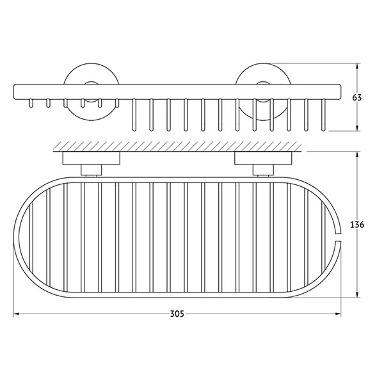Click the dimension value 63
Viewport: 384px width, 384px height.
tap(357, 97)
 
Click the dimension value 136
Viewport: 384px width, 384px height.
tap(357, 225)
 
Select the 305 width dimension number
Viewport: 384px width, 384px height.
tap(177, 314)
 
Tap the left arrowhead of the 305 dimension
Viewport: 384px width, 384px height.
tap(16, 314)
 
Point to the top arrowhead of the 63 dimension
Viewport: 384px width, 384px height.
tap(358, 67)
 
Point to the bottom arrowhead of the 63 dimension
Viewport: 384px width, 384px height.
tap(358, 128)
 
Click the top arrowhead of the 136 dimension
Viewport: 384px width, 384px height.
tap(358, 155)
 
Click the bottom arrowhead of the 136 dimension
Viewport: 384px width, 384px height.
tap(358, 294)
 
